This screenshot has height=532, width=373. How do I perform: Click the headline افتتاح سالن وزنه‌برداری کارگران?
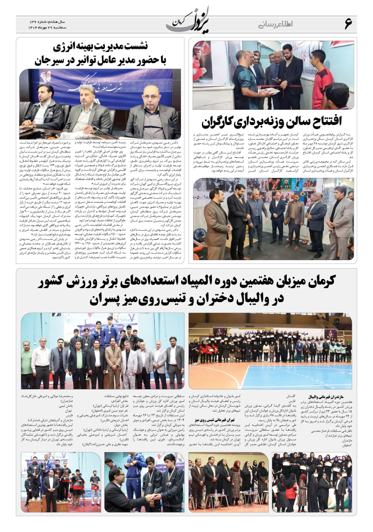pos(271,121)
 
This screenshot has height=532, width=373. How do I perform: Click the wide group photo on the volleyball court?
pos(270,350)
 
